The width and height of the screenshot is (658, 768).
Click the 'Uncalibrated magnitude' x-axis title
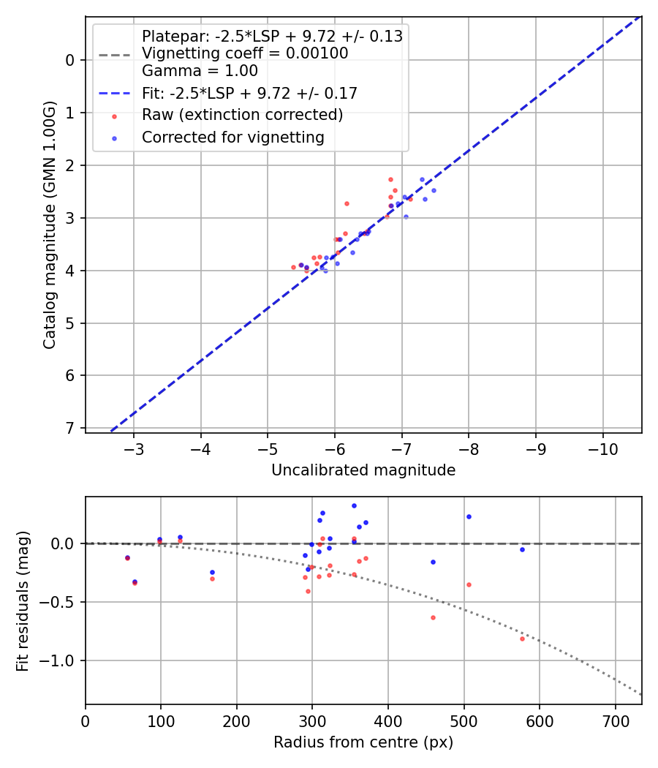(363, 470)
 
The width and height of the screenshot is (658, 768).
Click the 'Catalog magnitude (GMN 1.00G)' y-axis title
(49, 224)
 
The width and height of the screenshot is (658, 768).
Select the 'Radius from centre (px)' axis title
(363, 742)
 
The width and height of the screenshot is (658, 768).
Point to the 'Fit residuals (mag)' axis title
(23, 601)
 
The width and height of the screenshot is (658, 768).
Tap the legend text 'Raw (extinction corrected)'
(242, 115)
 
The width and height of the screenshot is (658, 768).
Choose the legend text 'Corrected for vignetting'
(233, 137)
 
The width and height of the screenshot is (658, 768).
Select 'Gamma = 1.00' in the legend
(200, 71)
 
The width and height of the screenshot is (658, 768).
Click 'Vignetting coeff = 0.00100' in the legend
(245, 53)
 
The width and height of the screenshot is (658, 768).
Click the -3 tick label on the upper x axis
(134, 447)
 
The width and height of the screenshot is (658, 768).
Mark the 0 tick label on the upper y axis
(70, 60)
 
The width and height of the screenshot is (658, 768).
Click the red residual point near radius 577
(522, 639)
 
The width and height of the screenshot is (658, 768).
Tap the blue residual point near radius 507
(469, 516)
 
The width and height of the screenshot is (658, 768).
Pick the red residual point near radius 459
(433, 617)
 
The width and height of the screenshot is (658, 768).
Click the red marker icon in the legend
(114, 116)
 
